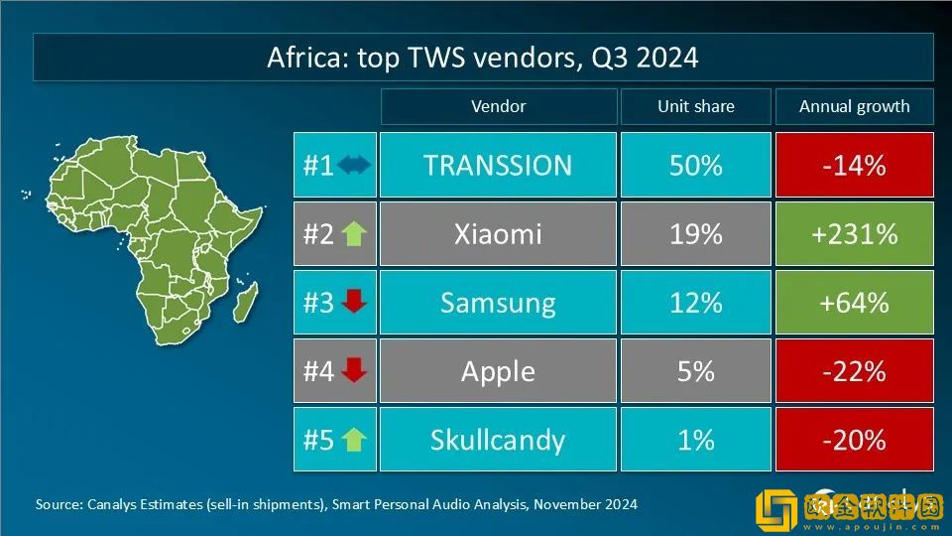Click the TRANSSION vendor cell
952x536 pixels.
pyautogui.click(x=498, y=165)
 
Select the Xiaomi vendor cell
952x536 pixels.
pyautogui.click(x=498, y=234)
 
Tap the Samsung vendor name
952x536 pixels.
pyautogui.click(x=498, y=303)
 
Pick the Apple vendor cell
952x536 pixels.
pyautogui.click(x=498, y=371)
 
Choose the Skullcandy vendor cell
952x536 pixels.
pyautogui.click(x=498, y=440)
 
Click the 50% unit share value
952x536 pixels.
pyautogui.click(x=695, y=165)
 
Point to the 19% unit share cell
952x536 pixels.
pyautogui.click(x=695, y=234)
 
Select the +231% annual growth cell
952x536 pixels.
pyautogui.click(x=854, y=234)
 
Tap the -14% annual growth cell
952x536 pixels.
pyautogui.click(x=854, y=165)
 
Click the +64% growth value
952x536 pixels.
pyautogui.click(x=854, y=303)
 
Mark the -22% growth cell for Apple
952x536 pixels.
pyautogui.click(x=854, y=371)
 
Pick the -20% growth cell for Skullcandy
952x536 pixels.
pyautogui.click(x=854, y=440)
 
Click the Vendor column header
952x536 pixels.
pyautogui.click(x=498, y=106)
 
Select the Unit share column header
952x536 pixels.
pyautogui.click(x=695, y=106)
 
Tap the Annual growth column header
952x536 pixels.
pyautogui.click(x=854, y=106)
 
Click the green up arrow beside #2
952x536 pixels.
pyautogui.click(x=354, y=234)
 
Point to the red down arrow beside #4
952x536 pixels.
pyautogui.click(x=354, y=371)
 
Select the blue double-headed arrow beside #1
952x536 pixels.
pyautogui.click(x=354, y=165)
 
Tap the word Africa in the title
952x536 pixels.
pyautogui.click(x=302, y=57)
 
